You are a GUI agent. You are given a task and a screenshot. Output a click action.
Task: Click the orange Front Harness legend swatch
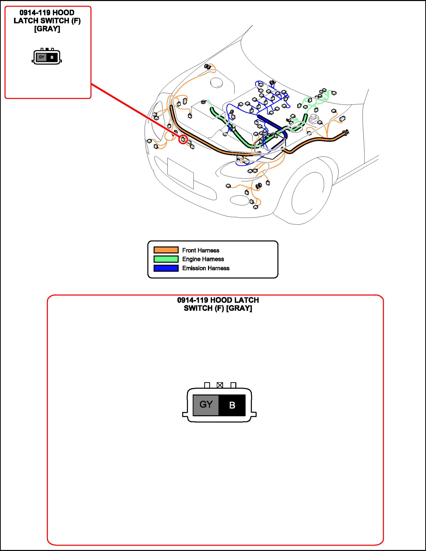point(166,250)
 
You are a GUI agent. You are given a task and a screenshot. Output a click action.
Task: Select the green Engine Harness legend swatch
point(166,259)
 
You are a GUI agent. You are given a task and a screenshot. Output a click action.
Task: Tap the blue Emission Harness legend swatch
point(166,268)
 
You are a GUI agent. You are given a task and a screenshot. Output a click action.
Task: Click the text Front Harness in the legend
point(200,250)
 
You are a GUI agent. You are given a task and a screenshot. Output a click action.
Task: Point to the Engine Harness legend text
point(203,259)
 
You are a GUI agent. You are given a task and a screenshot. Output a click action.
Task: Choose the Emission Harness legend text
point(206,268)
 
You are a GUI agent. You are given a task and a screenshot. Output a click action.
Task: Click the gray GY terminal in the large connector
point(206,405)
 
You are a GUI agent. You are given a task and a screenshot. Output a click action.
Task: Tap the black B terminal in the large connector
point(232,405)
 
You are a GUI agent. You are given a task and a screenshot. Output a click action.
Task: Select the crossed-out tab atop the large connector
point(220,385)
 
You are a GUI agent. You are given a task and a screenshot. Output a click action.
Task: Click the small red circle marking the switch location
point(183,139)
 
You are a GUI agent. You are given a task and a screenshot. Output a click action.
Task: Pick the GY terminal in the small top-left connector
point(41,57)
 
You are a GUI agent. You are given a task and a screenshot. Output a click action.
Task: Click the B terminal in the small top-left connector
point(52,58)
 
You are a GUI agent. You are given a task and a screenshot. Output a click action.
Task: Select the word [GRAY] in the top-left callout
point(47,29)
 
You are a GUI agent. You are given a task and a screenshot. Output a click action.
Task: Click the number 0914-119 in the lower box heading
point(192,300)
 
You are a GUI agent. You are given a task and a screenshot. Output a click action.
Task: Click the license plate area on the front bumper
point(180,173)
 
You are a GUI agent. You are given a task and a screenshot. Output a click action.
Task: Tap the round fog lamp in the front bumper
point(239,200)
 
